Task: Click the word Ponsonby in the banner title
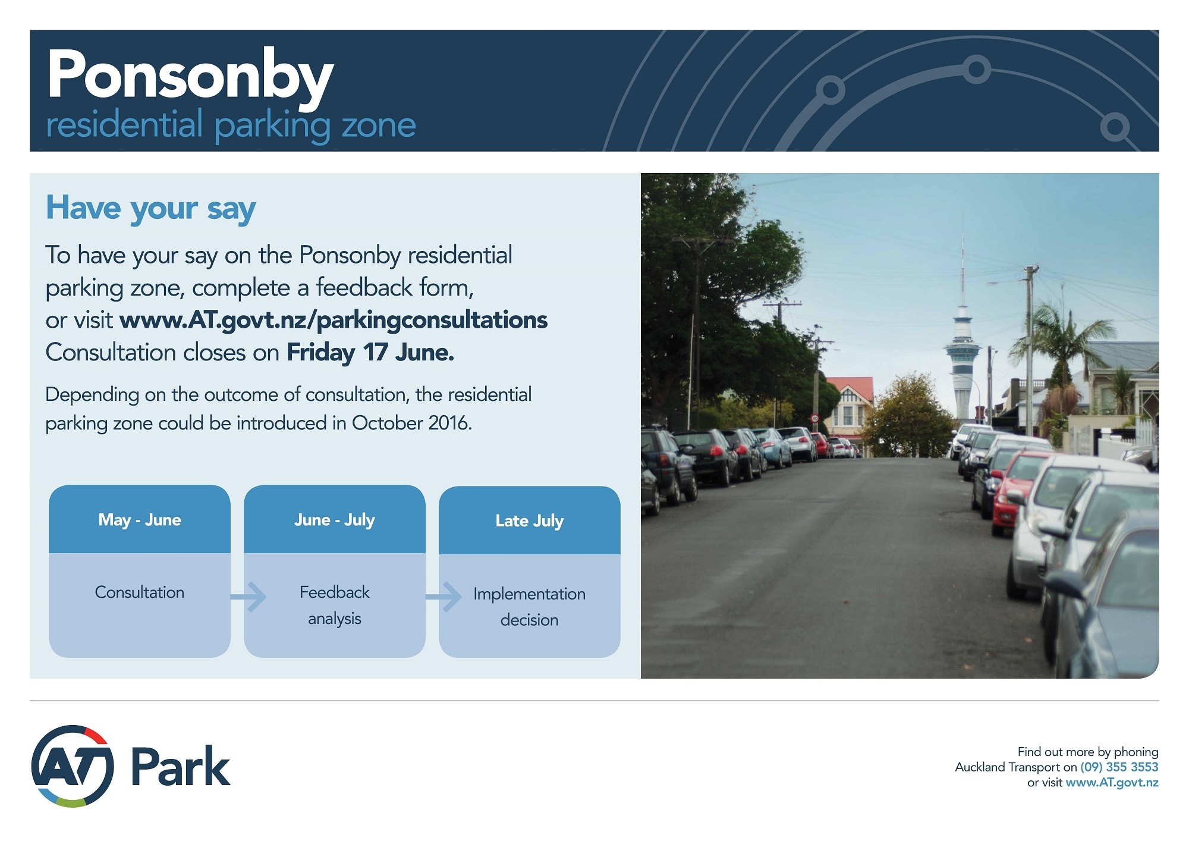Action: tap(190, 77)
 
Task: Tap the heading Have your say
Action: tap(151, 209)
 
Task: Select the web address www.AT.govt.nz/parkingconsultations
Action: tap(334, 320)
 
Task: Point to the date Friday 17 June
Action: tap(370, 352)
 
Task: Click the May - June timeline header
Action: tap(140, 520)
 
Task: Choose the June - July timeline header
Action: tap(335, 520)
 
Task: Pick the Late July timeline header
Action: tap(530, 521)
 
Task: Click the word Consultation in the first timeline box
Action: tap(140, 592)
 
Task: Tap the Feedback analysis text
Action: tap(335, 605)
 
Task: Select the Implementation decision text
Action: tap(530, 607)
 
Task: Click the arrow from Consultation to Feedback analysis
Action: tap(249, 597)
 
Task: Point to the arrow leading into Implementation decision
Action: tap(443, 597)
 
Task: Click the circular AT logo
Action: tap(73, 766)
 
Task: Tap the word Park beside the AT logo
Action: tap(180, 767)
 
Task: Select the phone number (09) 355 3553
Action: tap(1119, 767)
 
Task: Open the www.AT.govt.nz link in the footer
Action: tap(1112, 783)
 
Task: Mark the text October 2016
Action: tap(412, 423)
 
